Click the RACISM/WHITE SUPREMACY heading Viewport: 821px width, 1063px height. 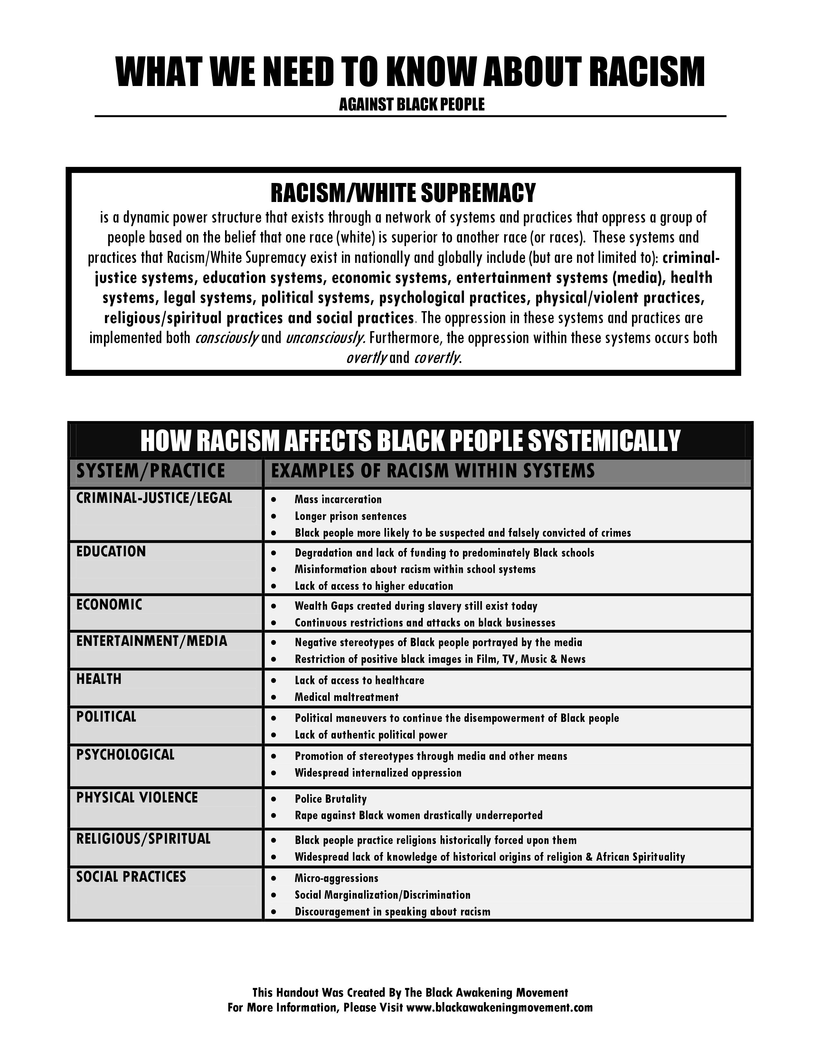(403, 193)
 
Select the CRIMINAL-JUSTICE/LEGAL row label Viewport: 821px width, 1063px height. (154, 498)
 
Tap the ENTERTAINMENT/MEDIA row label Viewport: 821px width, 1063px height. (152, 641)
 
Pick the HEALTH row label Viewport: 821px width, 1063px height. (99, 679)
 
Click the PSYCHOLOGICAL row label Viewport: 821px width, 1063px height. (126, 755)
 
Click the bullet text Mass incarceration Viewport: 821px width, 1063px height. (338, 499)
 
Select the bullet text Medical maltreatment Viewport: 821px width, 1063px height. (346, 697)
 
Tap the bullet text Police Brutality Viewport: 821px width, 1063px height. (331, 799)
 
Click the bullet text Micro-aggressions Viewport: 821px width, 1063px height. (336, 878)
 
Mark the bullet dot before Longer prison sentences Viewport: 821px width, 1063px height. (274, 516)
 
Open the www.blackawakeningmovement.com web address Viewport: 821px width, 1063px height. (499, 1008)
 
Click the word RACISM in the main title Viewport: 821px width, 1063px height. (647, 72)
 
